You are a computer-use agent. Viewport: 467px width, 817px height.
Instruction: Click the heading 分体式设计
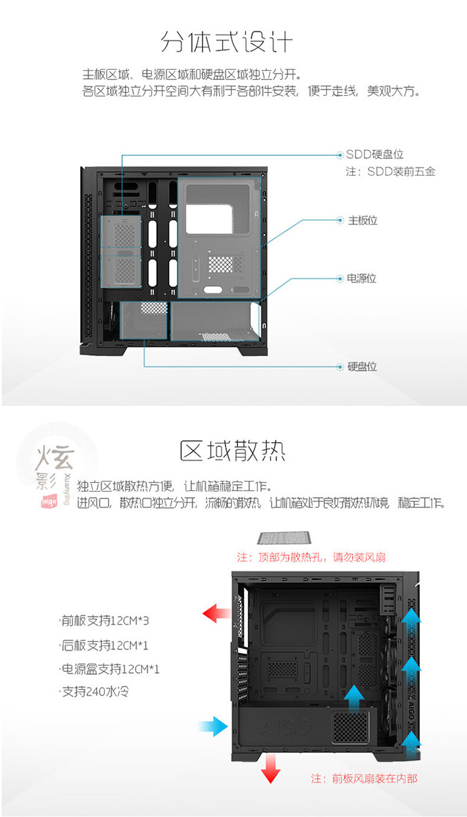coord(226,43)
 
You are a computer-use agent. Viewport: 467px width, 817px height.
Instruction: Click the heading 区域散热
coord(232,451)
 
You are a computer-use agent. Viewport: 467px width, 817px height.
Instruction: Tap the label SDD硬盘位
coord(374,154)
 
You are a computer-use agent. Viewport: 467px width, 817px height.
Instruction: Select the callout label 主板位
coord(362,221)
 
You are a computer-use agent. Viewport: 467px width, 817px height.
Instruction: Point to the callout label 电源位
coord(362,278)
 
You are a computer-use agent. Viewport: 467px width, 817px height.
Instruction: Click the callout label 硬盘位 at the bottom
coord(362,367)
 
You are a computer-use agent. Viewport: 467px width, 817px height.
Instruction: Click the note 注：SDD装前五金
coord(391,172)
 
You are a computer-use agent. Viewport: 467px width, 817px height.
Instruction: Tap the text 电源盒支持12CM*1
coord(110,670)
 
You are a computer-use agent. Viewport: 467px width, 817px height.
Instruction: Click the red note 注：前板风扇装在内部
coord(364,779)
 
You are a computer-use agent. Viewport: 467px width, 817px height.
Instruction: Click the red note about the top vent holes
coord(311,557)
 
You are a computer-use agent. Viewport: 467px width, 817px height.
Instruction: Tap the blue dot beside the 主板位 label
coord(340,221)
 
